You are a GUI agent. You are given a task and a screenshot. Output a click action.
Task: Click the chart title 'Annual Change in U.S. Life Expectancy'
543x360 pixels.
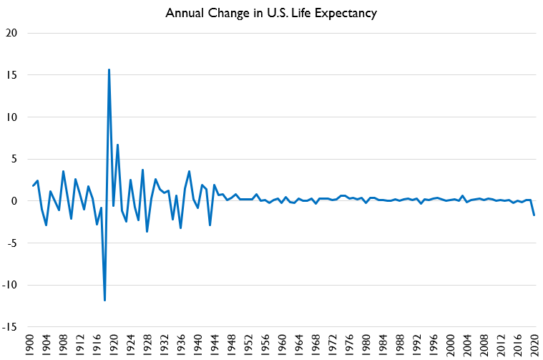[272, 14]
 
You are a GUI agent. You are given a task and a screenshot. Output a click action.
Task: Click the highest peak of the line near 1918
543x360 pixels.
[109, 69]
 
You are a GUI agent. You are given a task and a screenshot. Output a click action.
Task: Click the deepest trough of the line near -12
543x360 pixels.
[104, 300]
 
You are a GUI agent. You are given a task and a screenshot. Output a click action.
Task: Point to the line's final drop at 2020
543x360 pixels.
[534, 215]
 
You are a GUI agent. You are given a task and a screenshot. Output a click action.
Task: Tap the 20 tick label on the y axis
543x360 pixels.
[12, 33]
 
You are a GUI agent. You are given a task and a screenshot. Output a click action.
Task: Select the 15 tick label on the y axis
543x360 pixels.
[12, 75]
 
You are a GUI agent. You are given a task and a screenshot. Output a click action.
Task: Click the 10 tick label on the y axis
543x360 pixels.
[12, 117]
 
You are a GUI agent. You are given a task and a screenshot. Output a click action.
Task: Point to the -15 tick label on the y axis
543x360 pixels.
[11, 327]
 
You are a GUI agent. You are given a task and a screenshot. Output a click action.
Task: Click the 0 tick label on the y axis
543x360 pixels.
[15, 201]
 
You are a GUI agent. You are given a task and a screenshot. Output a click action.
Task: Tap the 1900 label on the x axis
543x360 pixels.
[29, 344]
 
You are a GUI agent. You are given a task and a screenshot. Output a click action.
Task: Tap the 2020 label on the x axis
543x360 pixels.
[534, 344]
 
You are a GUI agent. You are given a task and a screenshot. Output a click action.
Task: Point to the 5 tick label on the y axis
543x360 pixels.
[15, 159]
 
